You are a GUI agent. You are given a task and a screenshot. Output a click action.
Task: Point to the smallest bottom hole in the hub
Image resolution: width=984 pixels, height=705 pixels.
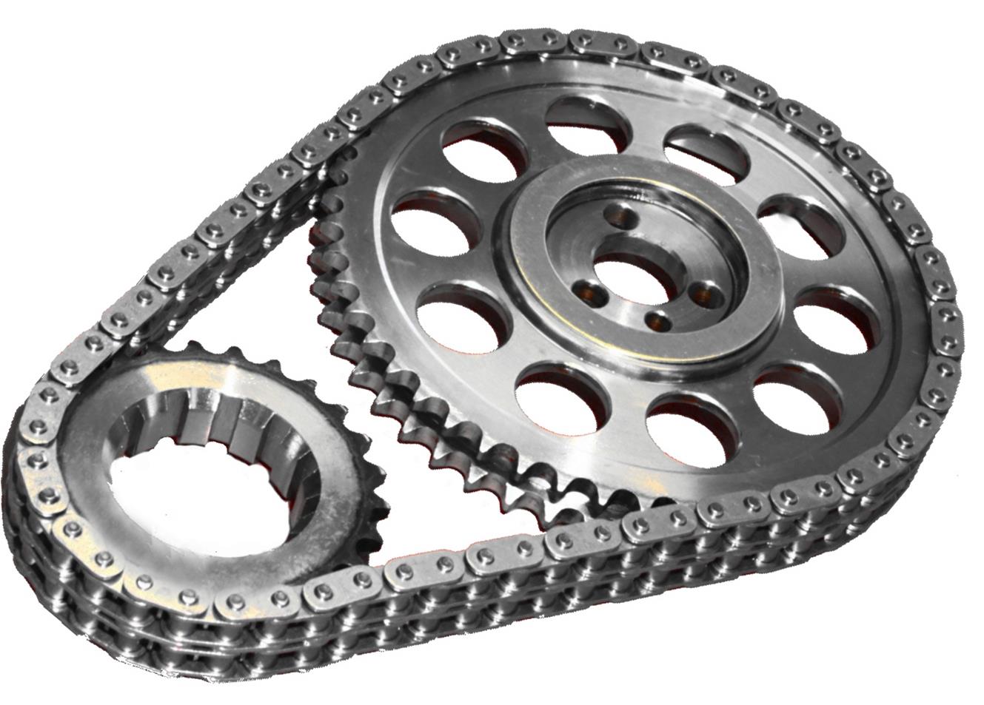pyautogui.click(x=655, y=320)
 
